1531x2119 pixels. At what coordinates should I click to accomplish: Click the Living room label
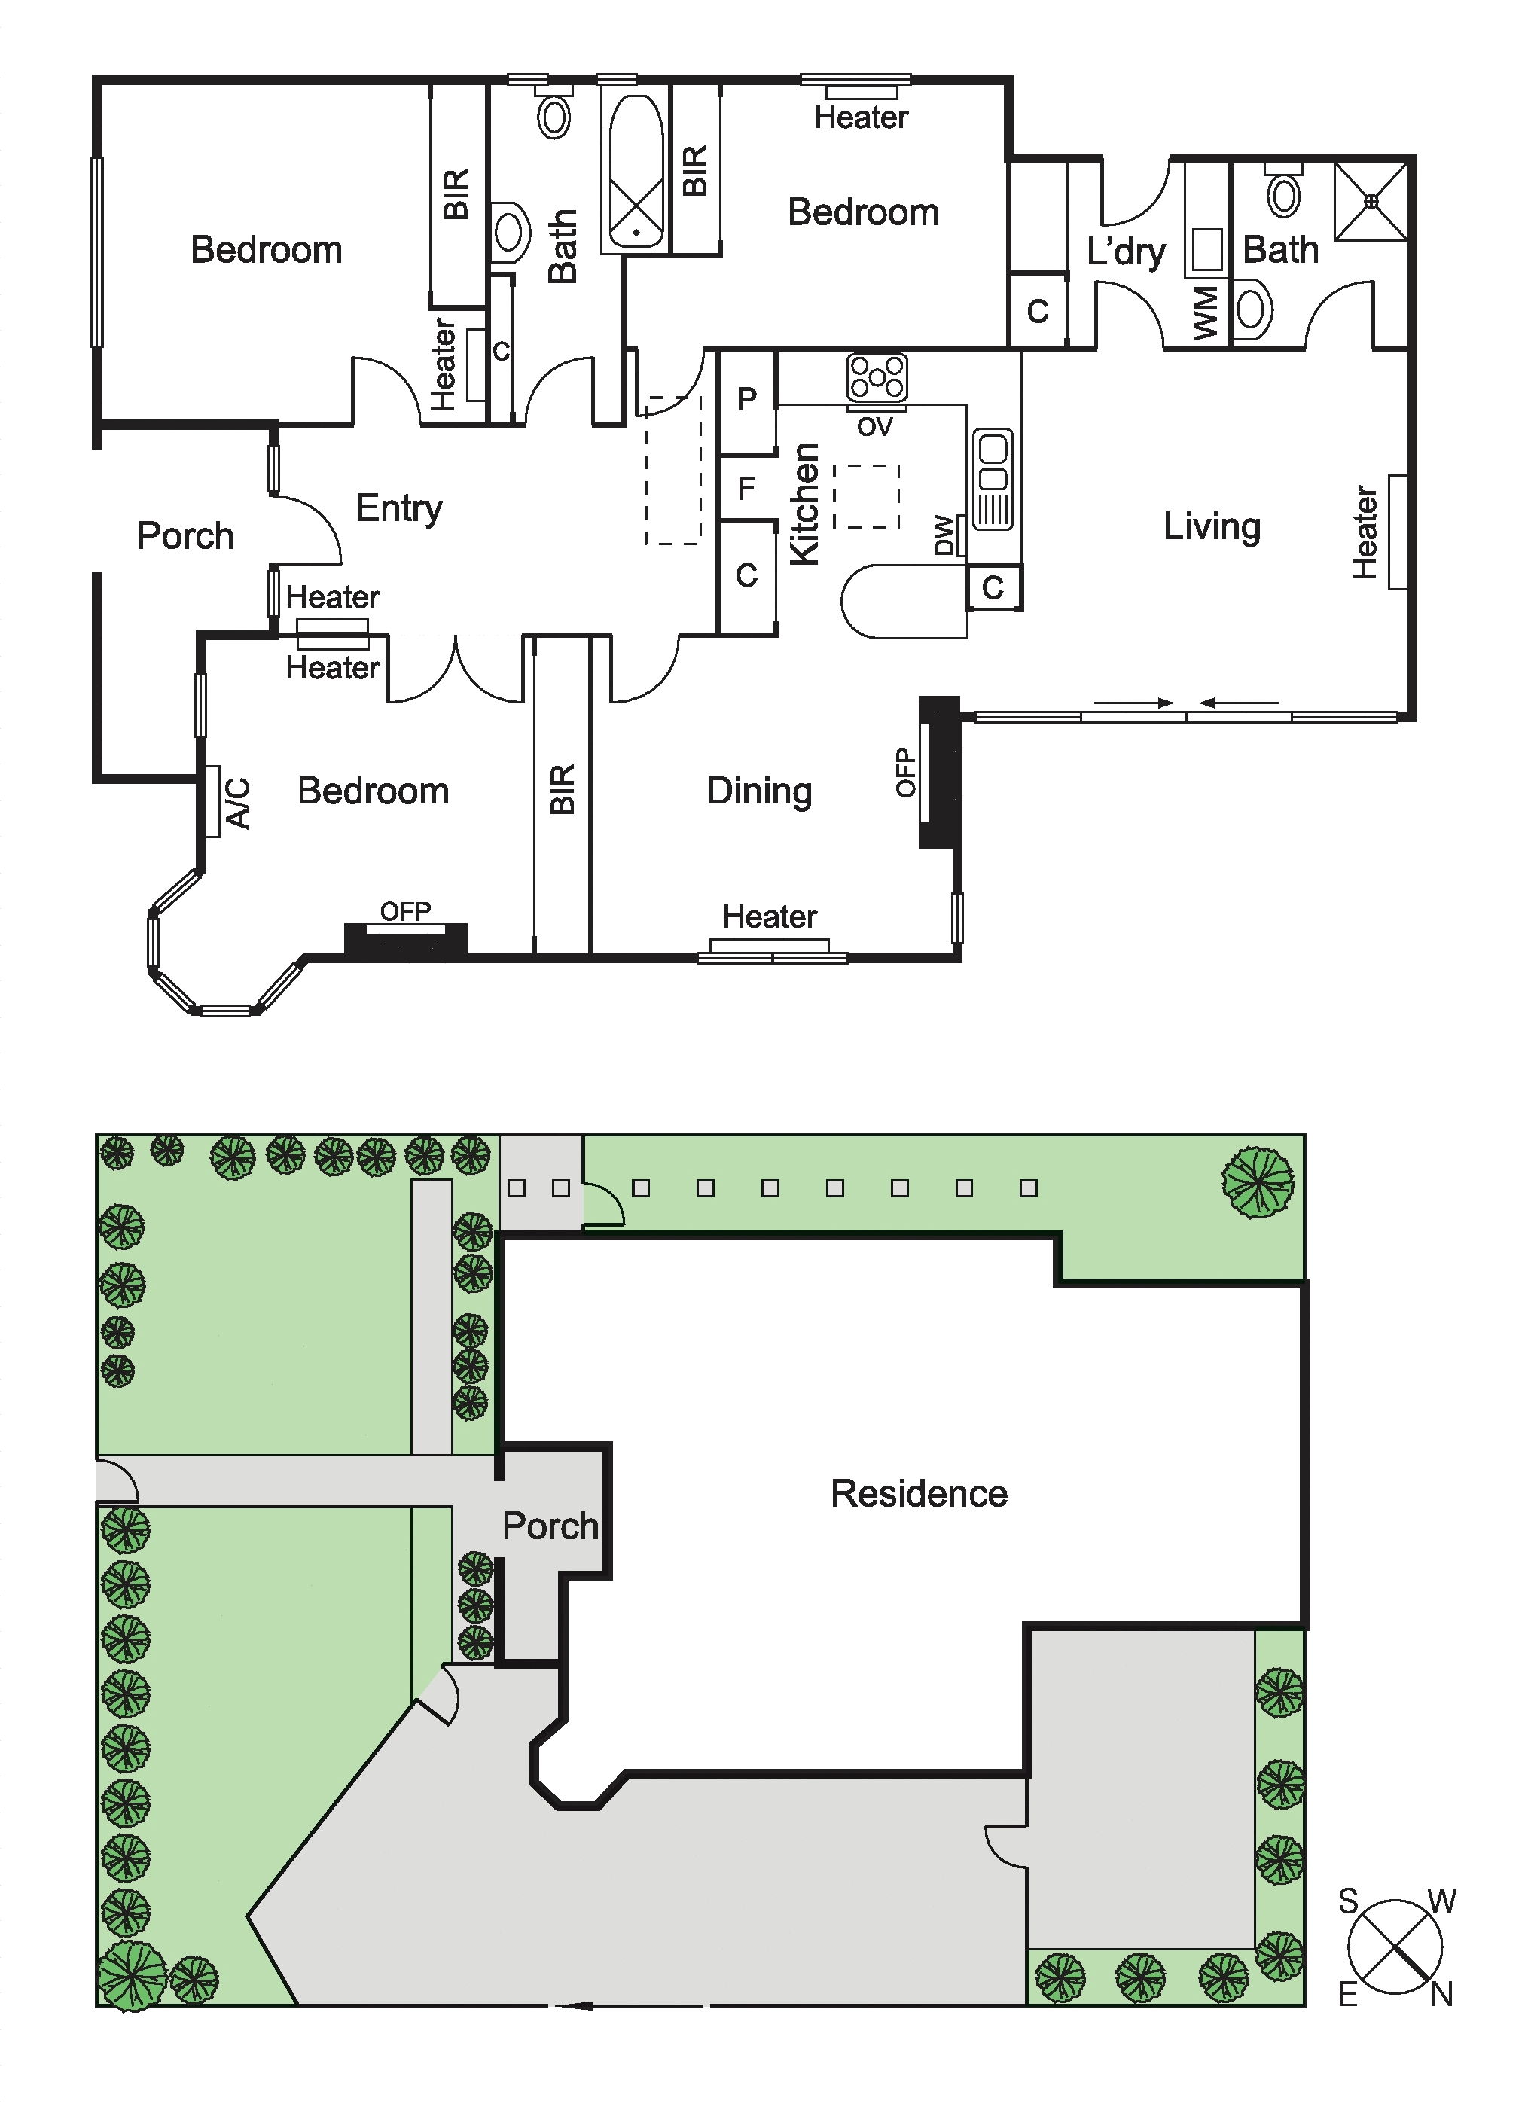(1212, 527)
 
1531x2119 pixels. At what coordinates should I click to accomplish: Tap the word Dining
(759, 791)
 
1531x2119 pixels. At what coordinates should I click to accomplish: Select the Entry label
(399, 509)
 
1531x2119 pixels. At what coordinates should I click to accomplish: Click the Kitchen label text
(804, 504)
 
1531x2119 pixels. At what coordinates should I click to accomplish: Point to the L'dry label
(1127, 252)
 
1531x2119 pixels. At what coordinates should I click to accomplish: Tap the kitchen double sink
(992, 479)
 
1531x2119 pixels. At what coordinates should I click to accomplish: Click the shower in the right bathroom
(1371, 201)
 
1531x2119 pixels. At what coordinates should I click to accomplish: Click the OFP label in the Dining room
(904, 773)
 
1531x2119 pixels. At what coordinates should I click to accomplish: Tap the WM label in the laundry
(1206, 314)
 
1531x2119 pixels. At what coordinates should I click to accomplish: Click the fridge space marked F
(746, 488)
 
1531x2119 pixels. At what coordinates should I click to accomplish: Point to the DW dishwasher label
(944, 535)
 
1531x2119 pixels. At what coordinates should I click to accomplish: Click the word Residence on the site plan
(920, 1494)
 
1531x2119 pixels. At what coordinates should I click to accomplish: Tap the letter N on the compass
(1442, 1996)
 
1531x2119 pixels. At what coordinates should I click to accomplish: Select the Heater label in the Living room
(1365, 532)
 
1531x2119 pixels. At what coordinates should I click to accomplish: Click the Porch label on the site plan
(550, 1526)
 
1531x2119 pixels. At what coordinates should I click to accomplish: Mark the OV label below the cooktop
(875, 428)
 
